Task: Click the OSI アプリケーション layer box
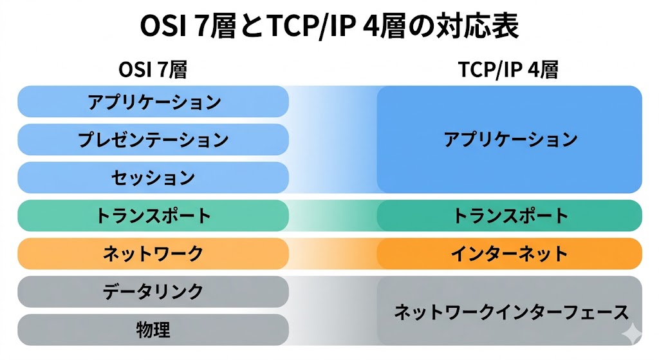pos(153,102)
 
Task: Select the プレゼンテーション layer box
pos(153,139)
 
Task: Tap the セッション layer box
pos(153,177)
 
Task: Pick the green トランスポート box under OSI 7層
pos(153,215)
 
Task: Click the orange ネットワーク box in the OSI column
pos(153,253)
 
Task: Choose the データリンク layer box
pos(153,291)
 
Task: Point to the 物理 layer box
pos(153,330)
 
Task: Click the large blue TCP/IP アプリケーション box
pos(510,139)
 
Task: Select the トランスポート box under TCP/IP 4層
pos(510,215)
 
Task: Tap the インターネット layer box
pos(510,253)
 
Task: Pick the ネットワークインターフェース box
pos(510,312)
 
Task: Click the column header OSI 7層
pos(153,70)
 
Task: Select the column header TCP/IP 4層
pos(508,70)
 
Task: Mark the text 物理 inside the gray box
pos(153,330)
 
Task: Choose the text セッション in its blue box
pos(153,177)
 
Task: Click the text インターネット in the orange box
pos(510,253)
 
